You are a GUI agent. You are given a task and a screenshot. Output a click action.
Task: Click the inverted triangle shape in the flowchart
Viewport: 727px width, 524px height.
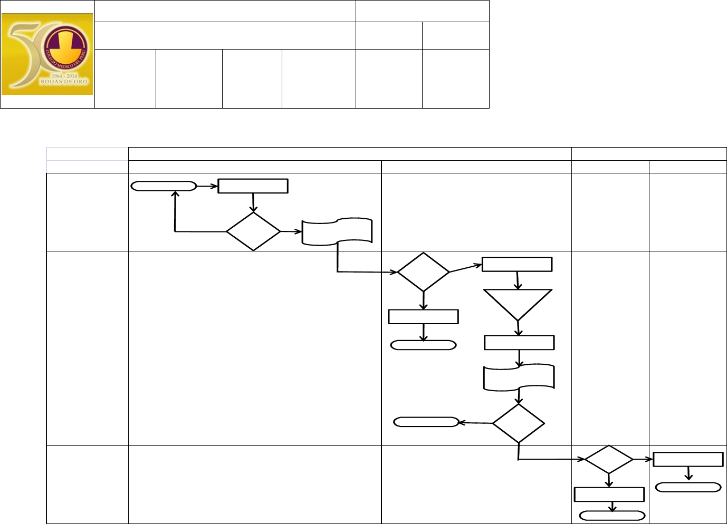[518, 303]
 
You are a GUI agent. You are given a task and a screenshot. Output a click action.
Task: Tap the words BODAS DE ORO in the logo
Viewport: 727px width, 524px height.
[64, 82]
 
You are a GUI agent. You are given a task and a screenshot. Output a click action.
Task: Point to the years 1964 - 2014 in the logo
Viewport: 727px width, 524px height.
[64, 76]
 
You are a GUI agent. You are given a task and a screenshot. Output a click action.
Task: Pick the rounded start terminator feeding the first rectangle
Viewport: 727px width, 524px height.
[164, 186]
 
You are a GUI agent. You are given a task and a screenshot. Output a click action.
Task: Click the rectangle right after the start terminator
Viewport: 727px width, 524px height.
[253, 186]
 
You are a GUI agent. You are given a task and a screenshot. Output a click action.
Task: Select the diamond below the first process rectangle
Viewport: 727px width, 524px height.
[253, 231]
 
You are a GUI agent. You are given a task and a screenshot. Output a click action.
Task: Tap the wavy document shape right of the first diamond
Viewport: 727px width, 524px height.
[337, 231]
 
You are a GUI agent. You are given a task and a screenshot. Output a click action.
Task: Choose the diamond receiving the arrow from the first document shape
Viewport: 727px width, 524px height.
[423, 272]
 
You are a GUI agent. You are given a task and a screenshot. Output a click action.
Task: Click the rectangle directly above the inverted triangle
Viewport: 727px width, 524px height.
[517, 264]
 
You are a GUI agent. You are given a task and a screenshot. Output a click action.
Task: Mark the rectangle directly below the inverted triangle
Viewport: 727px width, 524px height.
[519, 343]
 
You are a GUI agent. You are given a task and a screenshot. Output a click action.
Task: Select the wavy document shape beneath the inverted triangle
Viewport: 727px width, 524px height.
[519, 377]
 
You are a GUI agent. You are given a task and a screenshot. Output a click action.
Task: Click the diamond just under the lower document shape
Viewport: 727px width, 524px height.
[518, 423]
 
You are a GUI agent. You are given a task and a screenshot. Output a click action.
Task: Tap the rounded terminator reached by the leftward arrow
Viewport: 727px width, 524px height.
[426, 422]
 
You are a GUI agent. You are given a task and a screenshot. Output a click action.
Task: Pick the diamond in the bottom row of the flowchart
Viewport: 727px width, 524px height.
[609, 460]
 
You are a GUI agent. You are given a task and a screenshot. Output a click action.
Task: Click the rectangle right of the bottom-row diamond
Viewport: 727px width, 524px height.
[688, 459]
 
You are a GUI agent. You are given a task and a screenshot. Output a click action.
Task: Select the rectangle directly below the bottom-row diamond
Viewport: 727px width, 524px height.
[609, 494]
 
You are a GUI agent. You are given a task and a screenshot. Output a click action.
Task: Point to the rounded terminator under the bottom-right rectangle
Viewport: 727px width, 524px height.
[688, 488]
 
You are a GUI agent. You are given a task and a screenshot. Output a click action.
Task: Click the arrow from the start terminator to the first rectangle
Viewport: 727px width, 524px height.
[207, 186]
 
